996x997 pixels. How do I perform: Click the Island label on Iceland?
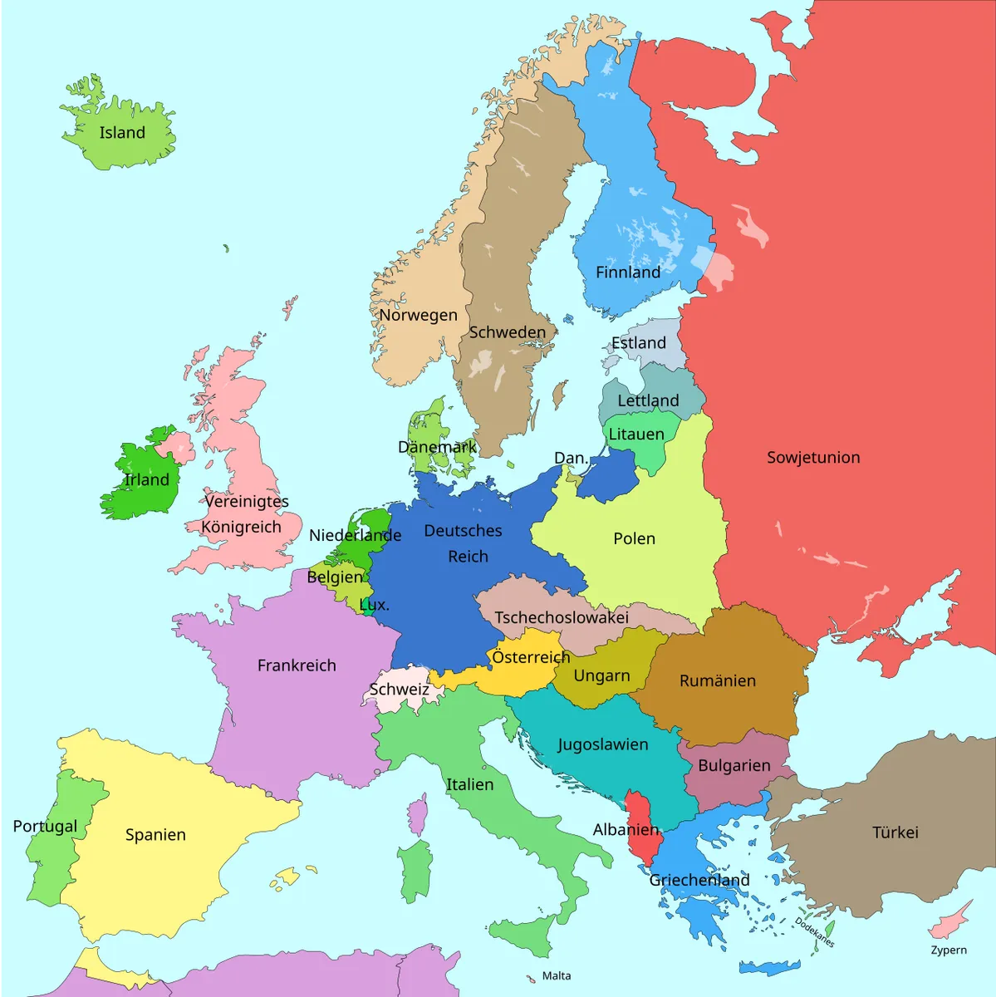[122, 133]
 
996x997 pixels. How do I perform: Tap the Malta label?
[557, 976]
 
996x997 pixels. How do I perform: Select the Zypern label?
[949, 950]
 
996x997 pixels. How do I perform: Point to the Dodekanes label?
[814, 932]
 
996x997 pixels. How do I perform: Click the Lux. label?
[375, 605]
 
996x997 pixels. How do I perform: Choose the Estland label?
[639, 343]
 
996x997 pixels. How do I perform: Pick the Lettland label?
[648, 400]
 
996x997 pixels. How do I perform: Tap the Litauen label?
[636, 435]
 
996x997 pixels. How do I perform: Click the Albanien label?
[626, 830]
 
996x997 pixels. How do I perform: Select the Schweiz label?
[400, 690]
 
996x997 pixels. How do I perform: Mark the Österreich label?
[531, 657]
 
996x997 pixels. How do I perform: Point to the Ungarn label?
[601, 676]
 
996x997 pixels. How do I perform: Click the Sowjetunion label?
[813, 458]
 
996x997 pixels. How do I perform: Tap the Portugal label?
[45, 827]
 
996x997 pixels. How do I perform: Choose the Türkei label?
[895, 832]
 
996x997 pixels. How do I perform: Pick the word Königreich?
[241, 528]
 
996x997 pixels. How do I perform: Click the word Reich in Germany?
[468, 557]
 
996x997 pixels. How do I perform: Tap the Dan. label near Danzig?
[571, 459]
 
